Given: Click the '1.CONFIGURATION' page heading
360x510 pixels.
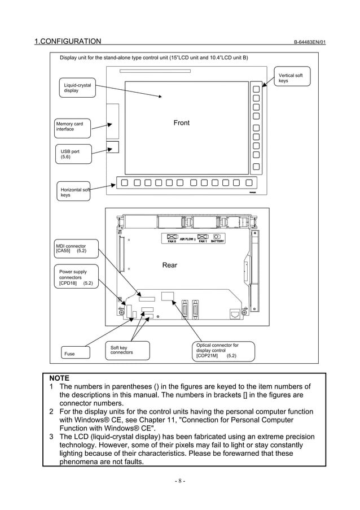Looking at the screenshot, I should point(68,41).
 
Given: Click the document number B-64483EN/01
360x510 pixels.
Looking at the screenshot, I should point(309,42).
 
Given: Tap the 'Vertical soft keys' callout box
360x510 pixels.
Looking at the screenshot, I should point(292,78).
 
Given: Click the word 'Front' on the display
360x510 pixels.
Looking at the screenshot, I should point(182,123).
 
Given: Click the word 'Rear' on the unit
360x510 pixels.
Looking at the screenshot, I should point(169,265).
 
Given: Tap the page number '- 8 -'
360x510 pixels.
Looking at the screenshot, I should point(179,481).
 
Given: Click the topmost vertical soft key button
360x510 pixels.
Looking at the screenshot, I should point(256,89).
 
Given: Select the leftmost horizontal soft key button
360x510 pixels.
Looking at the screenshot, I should point(123,182).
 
